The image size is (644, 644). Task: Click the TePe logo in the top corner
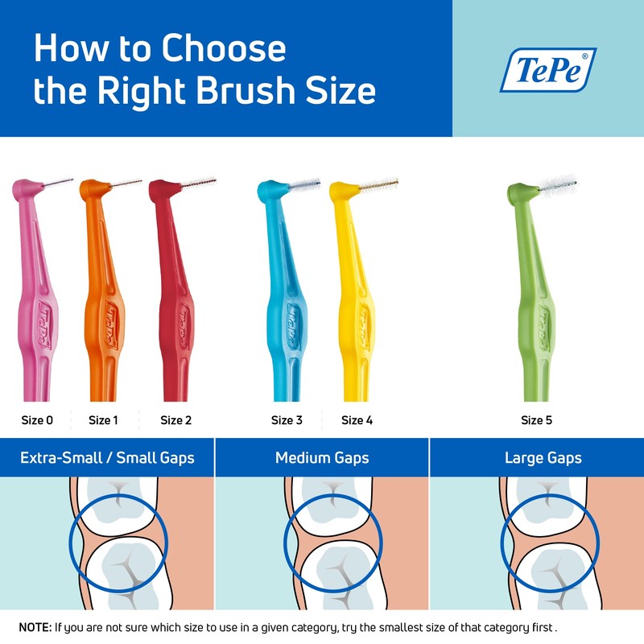547,69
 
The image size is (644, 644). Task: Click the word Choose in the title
223,49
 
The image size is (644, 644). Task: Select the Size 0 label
37,420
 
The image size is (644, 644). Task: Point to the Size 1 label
104,420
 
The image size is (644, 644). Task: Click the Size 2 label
175,420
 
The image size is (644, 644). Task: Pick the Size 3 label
287,420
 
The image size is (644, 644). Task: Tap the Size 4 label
357,420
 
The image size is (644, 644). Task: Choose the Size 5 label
536,420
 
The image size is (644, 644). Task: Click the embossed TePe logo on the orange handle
109,323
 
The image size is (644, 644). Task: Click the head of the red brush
161,191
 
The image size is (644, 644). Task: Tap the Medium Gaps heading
322,458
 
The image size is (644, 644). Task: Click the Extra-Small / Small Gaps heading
107,458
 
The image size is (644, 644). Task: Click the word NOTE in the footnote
33,626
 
